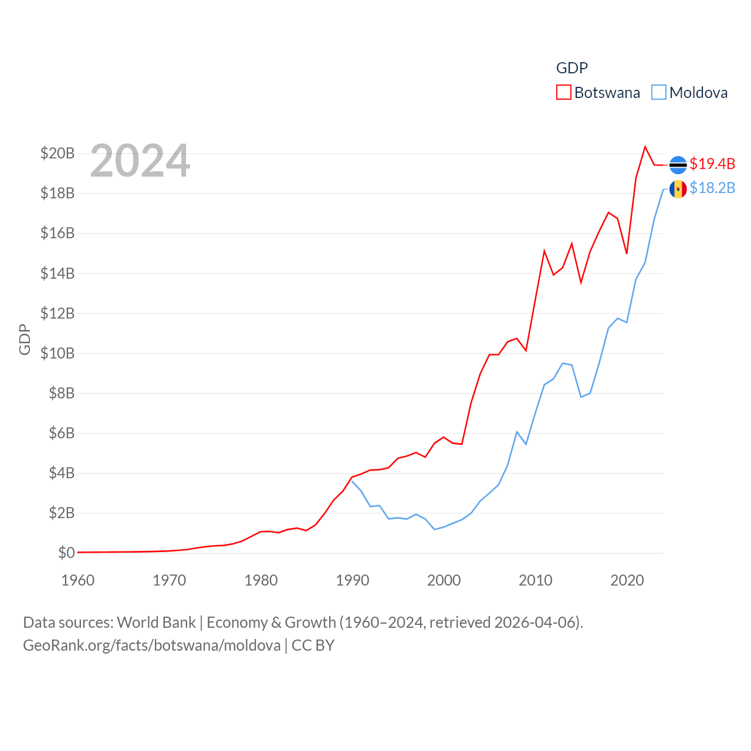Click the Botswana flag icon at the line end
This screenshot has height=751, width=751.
[x=678, y=165]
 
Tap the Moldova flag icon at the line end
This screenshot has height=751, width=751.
[x=678, y=189]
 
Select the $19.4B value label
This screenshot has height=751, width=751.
[x=712, y=164]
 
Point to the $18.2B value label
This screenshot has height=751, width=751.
[x=712, y=188]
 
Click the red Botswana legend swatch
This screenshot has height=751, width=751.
[x=563, y=93]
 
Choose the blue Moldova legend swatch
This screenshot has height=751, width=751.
[x=659, y=93]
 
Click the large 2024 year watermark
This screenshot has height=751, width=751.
[x=140, y=161]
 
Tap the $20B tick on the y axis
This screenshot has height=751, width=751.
[x=57, y=154]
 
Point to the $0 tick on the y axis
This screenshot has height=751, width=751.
[x=66, y=553]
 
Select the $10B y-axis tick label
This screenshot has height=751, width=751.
[x=57, y=353]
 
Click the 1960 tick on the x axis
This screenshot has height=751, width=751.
[x=78, y=580]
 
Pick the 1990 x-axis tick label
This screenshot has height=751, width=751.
[x=353, y=580]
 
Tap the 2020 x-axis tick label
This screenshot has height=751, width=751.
[x=627, y=580]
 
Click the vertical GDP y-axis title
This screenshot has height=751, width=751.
[x=25, y=339]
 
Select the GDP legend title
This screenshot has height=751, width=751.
[x=571, y=68]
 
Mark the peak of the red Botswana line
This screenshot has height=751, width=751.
[x=645, y=147]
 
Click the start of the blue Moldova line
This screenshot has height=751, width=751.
[x=352, y=481]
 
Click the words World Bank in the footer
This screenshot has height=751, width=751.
[x=156, y=622]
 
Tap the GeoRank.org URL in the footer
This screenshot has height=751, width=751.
[x=152, y=645]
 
